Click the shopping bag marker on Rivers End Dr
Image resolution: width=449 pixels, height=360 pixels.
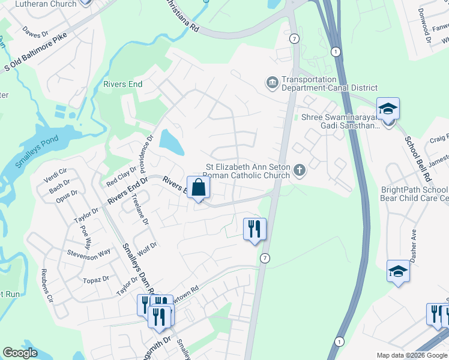(199, 188)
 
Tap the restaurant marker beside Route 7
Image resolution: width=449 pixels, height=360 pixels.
(255, 229)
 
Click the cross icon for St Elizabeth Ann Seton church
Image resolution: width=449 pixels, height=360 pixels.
(300, 172)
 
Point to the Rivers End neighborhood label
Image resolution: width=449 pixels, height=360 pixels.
(122, 84)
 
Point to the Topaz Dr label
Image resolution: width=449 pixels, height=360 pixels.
(96, 279)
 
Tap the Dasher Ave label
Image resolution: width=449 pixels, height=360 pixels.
(413, 242)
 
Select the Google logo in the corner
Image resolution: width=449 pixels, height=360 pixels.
(20, 353)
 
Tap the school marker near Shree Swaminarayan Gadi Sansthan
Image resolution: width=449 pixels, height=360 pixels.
(388, 109)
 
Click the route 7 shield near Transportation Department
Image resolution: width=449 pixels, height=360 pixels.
(294, 38)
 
